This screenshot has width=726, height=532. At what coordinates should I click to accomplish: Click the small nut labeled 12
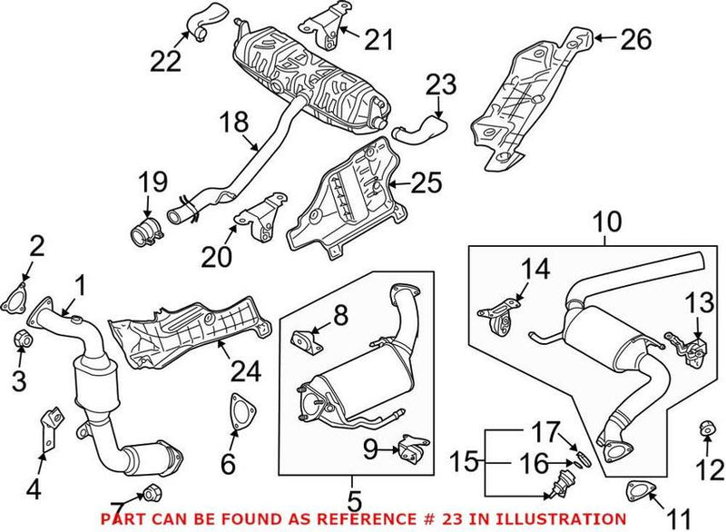[x=706, y=427]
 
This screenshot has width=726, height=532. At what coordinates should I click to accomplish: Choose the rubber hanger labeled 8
[x=304, y=341]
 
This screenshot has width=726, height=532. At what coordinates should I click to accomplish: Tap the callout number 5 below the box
[x=354, y=501]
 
